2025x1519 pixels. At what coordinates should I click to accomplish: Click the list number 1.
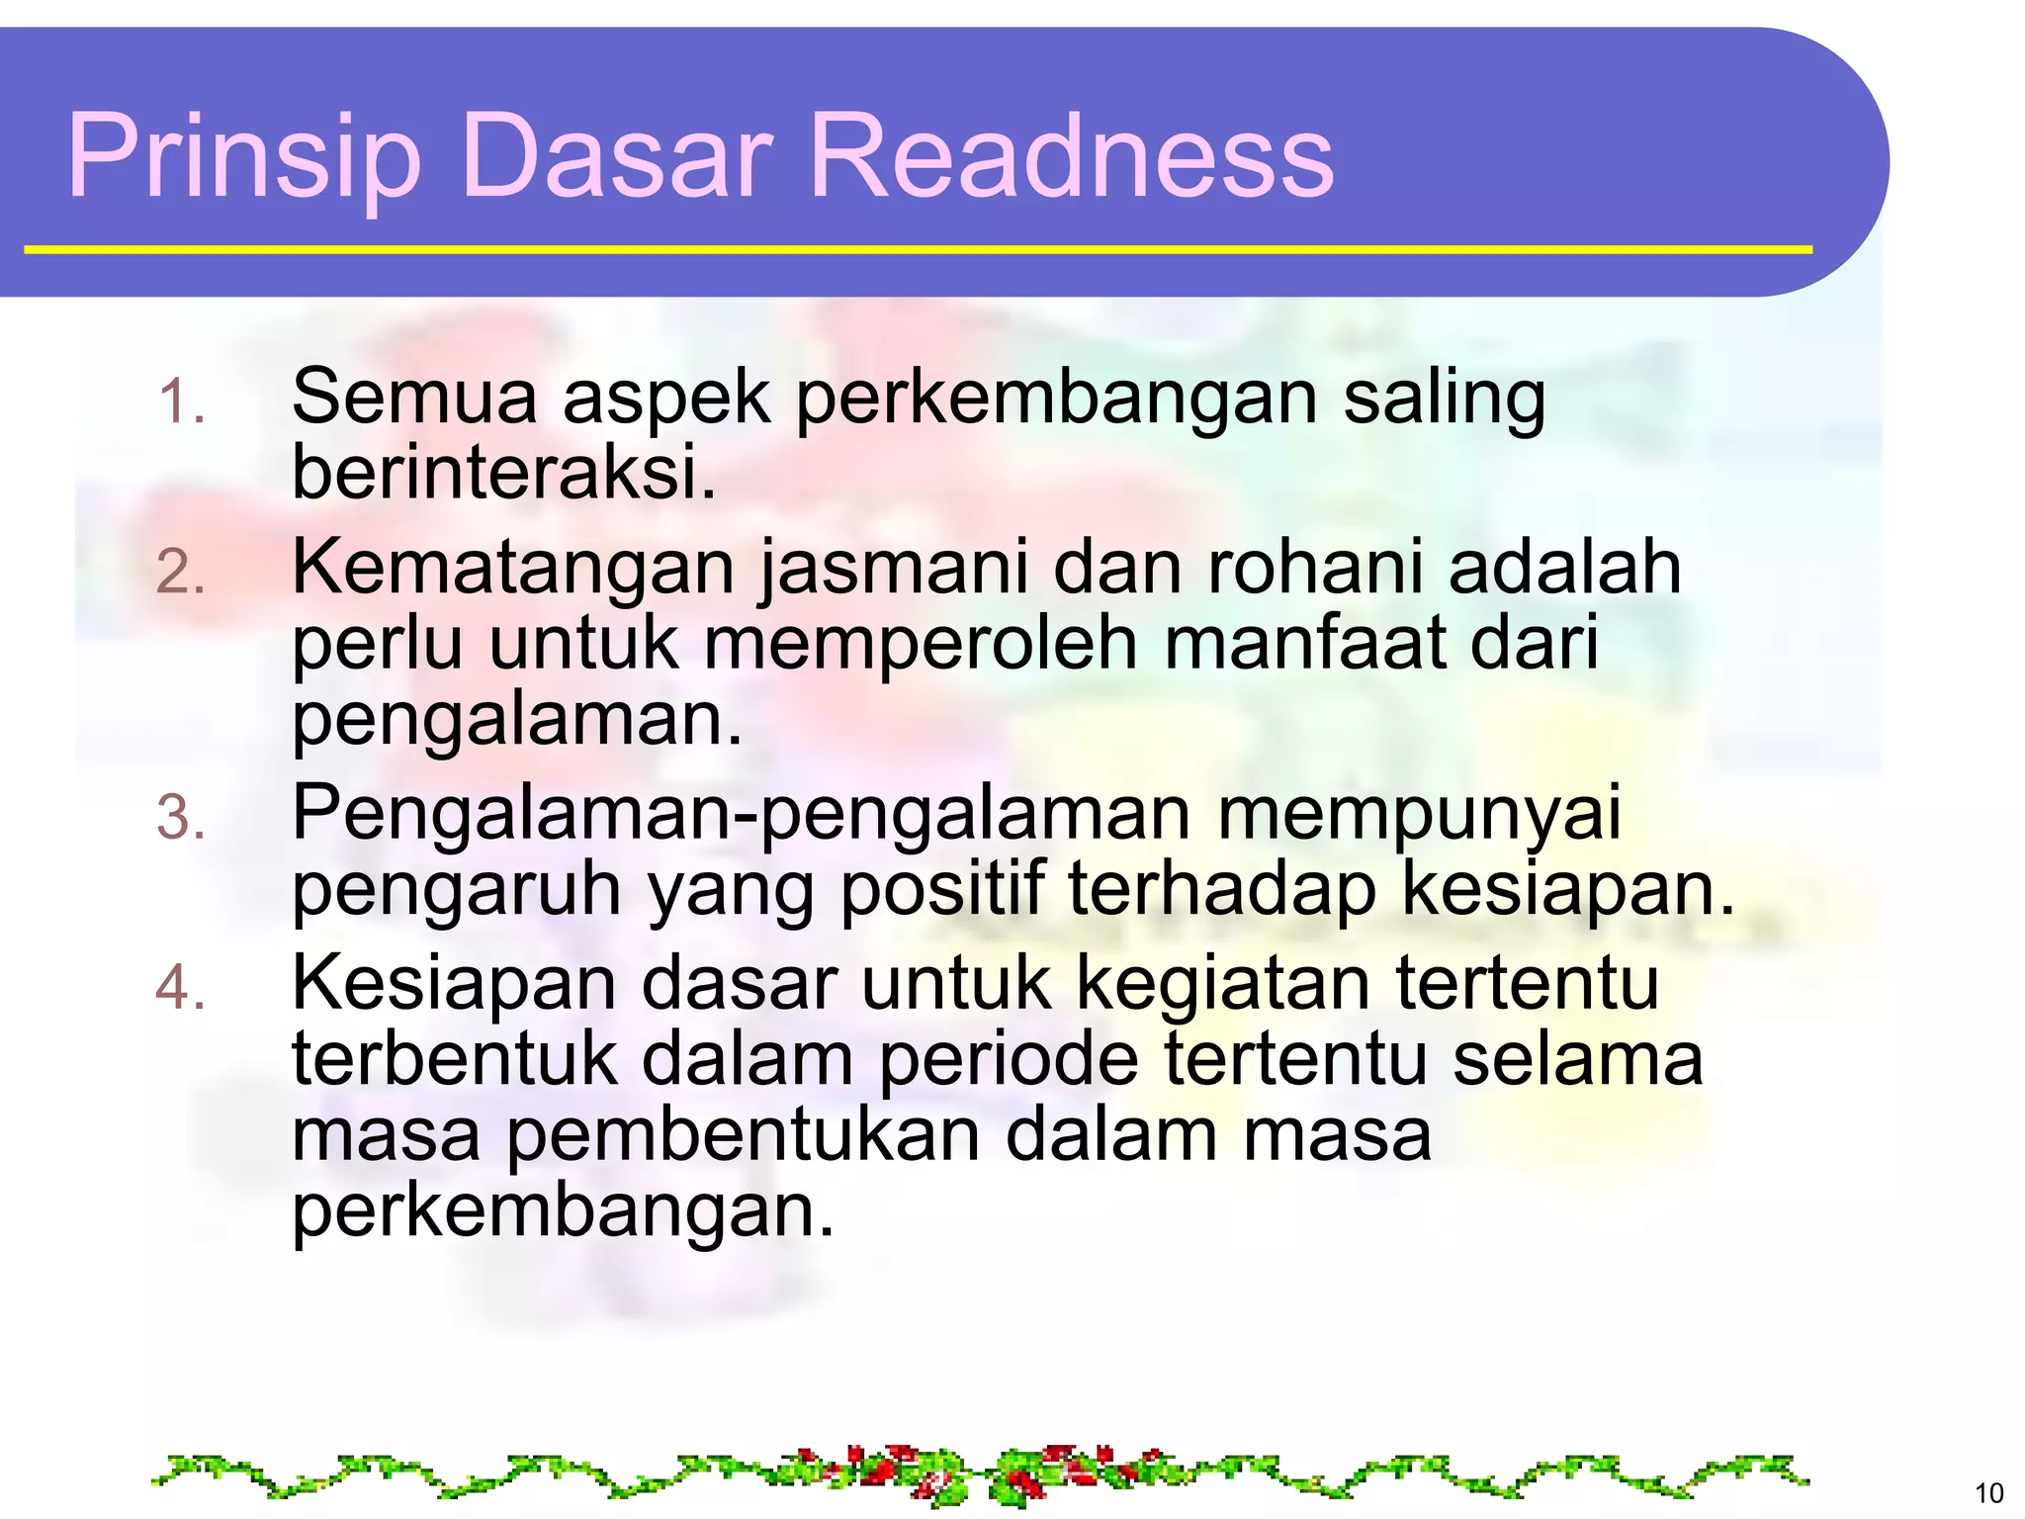(x=181, y=402)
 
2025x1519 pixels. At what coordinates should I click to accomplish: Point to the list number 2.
(x=181, y=573)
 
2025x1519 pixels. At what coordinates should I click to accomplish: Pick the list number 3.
(x=181, y=819)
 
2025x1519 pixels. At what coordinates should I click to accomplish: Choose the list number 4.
(x=181, y=988)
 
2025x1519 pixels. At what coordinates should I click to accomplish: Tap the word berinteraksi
(x=503, y=473)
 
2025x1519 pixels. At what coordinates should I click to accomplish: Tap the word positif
(x=941, y=889)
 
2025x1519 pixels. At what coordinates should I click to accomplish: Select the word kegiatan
(x=1222, y=984)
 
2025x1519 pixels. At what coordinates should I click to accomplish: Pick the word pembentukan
(x=743, y=1134)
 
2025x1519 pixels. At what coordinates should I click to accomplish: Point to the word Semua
(x=414, y=398)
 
